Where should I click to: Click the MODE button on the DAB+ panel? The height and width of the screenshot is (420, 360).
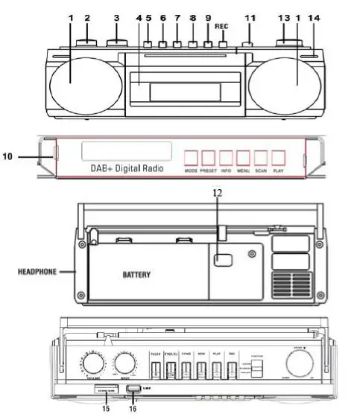point(192,158)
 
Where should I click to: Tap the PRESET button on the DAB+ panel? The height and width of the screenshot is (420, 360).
point(209,158)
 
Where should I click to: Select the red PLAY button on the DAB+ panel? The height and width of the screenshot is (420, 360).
point(278,158)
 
